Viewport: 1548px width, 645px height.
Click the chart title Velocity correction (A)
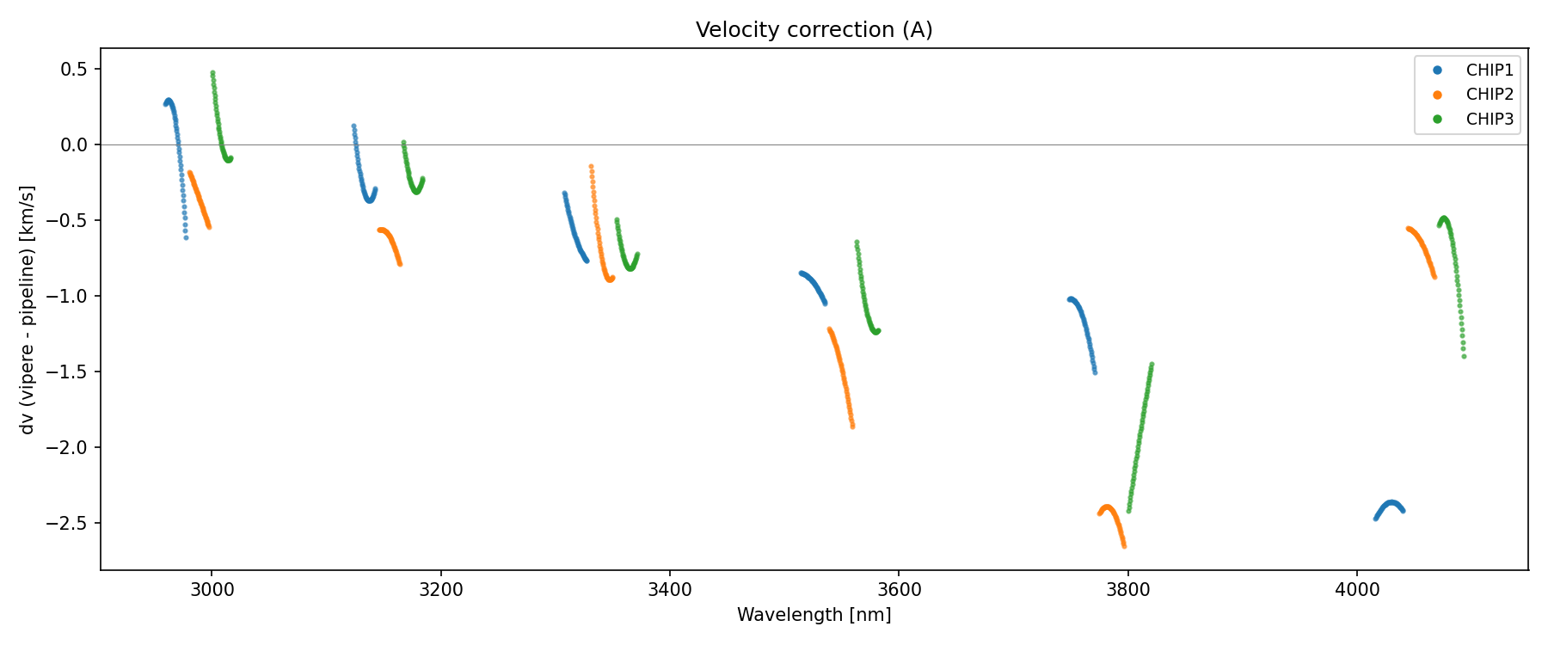[814, 30]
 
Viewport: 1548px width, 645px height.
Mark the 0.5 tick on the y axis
[76, 69]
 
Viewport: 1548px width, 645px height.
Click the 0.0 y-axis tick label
[76, 144]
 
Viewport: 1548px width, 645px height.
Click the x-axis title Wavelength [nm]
[814, 615]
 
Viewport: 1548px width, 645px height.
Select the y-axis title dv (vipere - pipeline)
[28, 310]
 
